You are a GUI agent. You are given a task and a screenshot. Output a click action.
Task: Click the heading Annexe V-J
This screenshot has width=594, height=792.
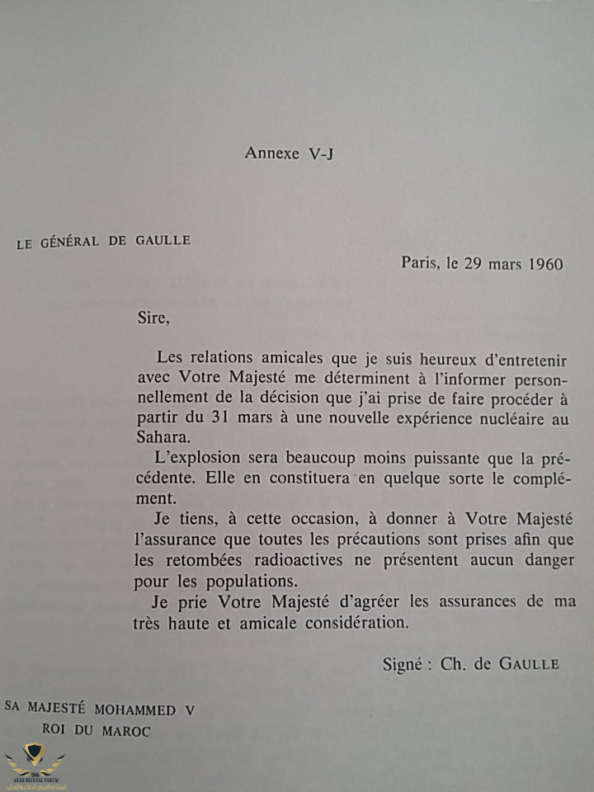pyautogui.click(x=289, y=153)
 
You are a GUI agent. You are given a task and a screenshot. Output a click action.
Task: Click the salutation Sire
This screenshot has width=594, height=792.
pyautogui.click(x=152, y=317)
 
